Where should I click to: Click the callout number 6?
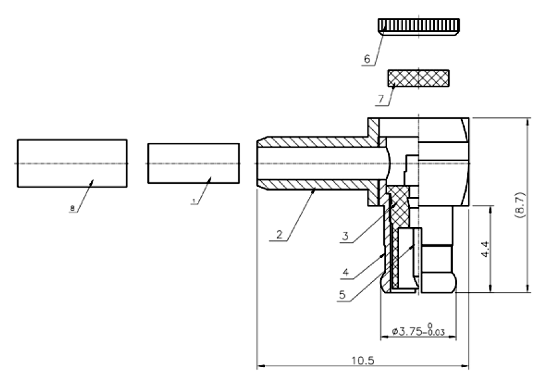[367, 59]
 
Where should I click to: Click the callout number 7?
[381, 100]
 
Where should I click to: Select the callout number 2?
[279, 235]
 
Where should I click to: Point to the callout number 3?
[346, 237]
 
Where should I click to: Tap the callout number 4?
[346, 272]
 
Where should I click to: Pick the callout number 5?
[342, 295]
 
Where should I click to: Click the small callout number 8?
[73, 208]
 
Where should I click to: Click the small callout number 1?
[194, 201]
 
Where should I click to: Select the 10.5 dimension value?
[363, 360]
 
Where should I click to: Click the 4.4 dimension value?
[485, 249]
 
